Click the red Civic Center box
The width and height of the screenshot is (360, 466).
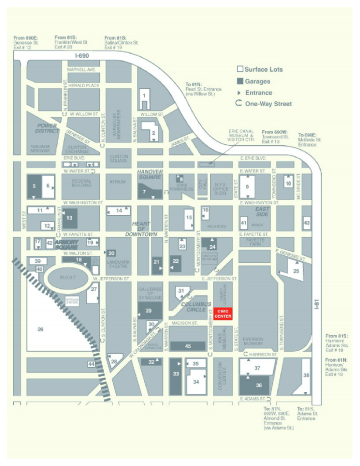(223, 314)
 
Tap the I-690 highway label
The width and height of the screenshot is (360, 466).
(82, 56)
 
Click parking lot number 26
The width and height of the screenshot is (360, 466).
(40, 329)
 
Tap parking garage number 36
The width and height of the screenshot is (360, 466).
(259, 385)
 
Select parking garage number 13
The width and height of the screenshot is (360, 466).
(70, 218)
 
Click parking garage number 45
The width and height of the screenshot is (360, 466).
(188, 346)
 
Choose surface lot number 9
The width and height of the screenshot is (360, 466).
(248, 186)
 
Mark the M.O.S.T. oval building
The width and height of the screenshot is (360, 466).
(66, 278)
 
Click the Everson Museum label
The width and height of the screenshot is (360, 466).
(253, 341)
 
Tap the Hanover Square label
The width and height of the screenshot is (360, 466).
(150, 174)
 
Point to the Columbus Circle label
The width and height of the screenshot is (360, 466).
(196, 307)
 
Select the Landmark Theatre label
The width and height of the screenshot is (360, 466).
(117, 264)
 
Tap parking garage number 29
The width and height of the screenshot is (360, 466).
(149, 310)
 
